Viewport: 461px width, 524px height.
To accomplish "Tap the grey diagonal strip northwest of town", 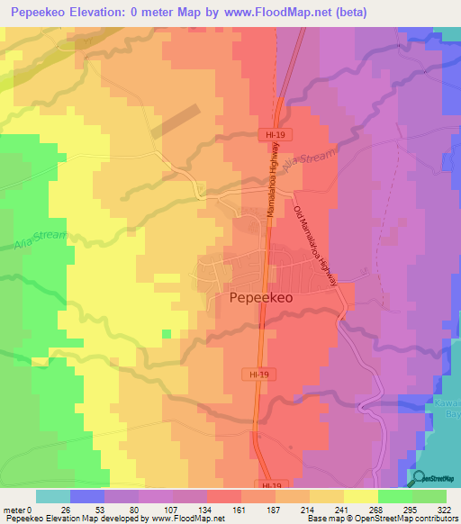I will (x=176, y=122).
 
